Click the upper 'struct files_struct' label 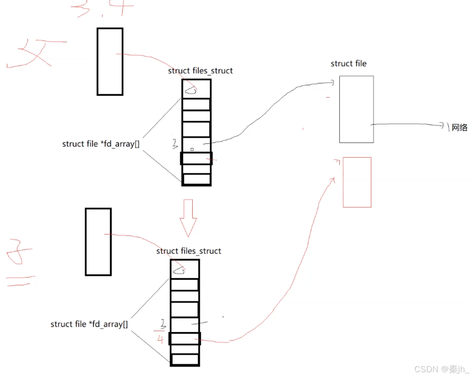coord(200,71)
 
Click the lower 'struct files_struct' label coord(189,251)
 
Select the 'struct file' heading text coord(348,64)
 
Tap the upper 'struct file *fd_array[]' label coord(101,144)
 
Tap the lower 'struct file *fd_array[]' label coord(89,324)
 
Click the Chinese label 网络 coord(459,128)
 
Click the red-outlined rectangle coord(357,182)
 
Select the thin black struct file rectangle coord(356,109)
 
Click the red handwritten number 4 coord(160,340)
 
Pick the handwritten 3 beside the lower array coord(163,323)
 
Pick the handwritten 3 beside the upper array coord(175,143)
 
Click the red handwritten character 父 coord(34,53)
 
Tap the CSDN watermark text coord(441,369)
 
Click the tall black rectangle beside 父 coord(110,61)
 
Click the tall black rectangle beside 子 coord(98,242)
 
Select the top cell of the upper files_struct coord(197,89)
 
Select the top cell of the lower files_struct coord(185,269)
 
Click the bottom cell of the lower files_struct coord(185,359)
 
